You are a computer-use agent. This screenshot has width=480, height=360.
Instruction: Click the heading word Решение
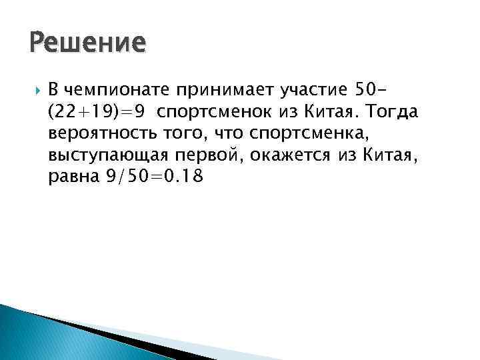87,43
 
